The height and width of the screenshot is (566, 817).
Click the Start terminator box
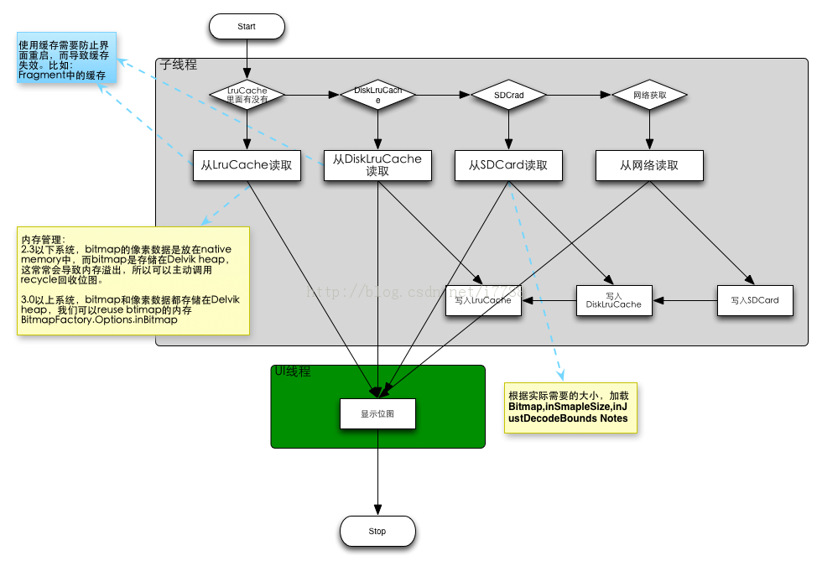pyautogui.click(x=247, y=26)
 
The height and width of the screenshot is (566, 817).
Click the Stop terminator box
pyautogui.click(x=377, y=531)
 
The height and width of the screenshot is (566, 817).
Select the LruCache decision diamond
pyautogui.click(x=247, y=96)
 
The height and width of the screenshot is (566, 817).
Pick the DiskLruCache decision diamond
pyautogui.click(x=377, y=96)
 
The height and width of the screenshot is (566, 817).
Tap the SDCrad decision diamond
pyautogui.click(x=508, y=96)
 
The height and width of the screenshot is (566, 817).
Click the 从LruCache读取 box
pyautogui.click(x=247, y=165)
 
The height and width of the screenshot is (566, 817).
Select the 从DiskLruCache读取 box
pyautogui.click(x=377, y=165)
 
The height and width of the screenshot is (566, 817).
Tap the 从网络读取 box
pyautogui.click(x=650, y=165)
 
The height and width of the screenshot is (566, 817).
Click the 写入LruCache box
pyautogui.click(x=482, y=299)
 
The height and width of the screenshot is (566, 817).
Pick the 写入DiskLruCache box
pyautogui.click(x=613, y=299)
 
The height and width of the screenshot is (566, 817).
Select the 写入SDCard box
pyautogui.click(x=755, y=299)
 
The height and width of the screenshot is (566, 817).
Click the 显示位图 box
pyautogui.click(x=377, y=413)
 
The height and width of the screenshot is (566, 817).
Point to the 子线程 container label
pyautogui.click(x=178, y=65)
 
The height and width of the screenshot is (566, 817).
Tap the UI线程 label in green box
pyautogui.click(x=293, y=371)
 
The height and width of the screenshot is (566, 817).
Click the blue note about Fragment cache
pyautogui.click(x=65, y=59)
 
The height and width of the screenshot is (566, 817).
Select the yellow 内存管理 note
pyautogui.click(x=133, y=281)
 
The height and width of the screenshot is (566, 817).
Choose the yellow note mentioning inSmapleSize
pyautogui.click(x=570, y=407)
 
